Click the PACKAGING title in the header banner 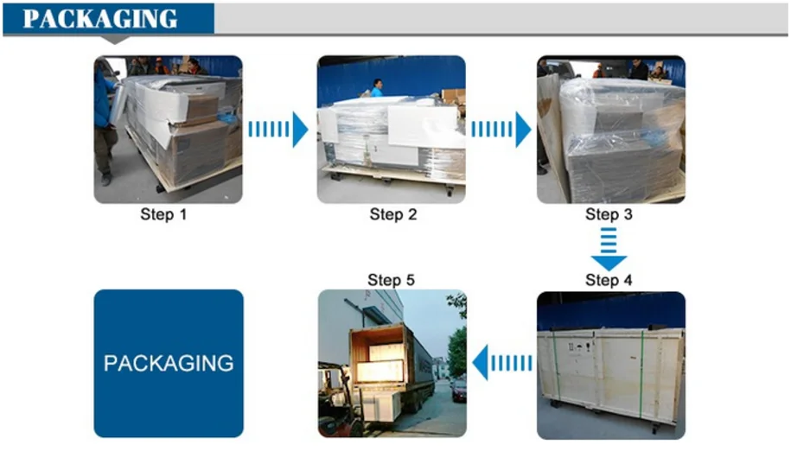100,18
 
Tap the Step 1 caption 163,214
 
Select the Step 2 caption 392,214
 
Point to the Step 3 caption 609,214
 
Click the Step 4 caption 609,280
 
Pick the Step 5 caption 391,280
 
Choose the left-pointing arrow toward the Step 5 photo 501,362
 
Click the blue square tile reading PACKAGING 169,363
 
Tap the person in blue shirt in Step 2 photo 377,87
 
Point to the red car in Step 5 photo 458,390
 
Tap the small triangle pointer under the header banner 116,39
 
